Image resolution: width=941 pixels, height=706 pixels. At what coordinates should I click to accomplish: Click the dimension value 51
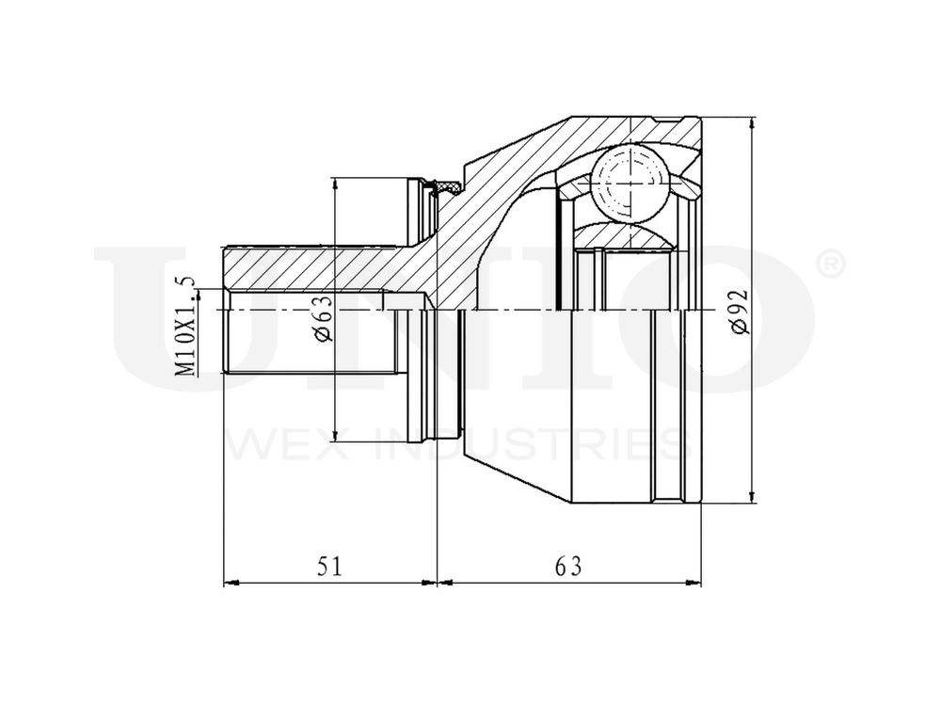tap(328, 566)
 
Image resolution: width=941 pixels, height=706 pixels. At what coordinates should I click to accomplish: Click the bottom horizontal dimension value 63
tap(568, 566)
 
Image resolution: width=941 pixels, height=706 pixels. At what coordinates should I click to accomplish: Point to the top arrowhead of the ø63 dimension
tap(335, 184)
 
